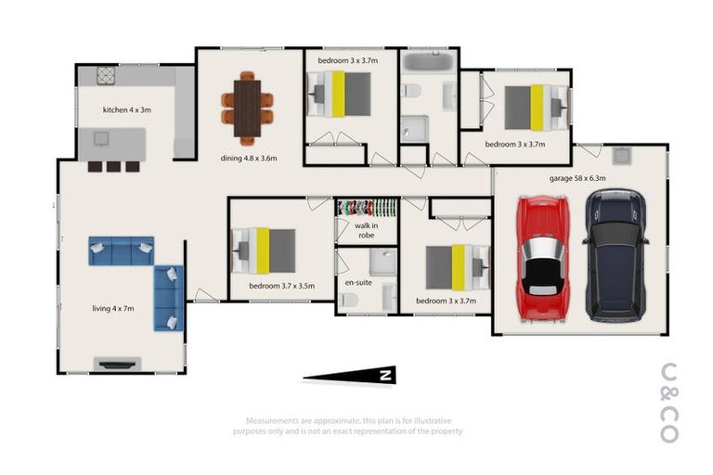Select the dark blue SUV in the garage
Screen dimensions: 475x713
[615, 253]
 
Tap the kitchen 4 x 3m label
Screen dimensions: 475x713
[126, 110]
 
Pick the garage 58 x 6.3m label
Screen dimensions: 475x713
[577, 177]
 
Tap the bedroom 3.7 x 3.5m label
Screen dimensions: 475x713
[282, 287]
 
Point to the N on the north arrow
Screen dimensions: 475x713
[384, 375]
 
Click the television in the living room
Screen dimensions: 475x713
[118, 363]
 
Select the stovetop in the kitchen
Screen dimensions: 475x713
[107, 74]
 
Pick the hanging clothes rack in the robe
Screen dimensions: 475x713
[367, 207]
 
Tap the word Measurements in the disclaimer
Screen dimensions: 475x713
[270, 419]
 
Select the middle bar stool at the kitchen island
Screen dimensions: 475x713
[113, 167]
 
